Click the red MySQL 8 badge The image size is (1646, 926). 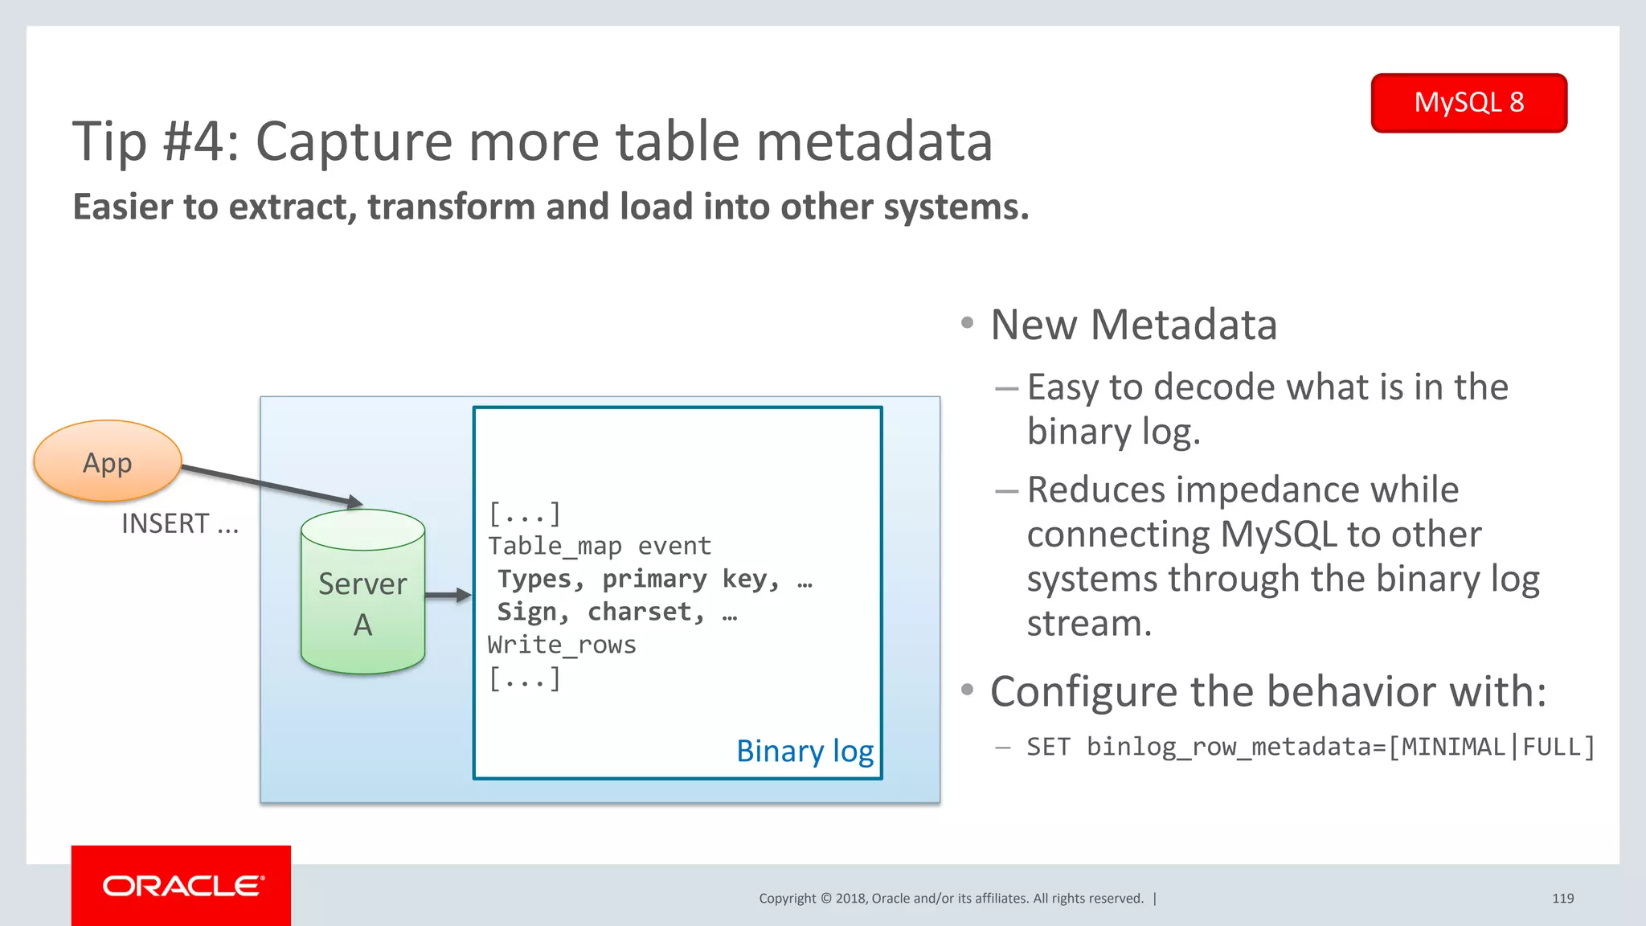pos(1468,103)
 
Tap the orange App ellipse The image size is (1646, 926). pos(108,461)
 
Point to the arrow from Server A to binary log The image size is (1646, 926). pos(447,596)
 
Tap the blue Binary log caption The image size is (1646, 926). pos(805,751)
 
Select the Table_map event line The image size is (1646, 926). pos(600,547)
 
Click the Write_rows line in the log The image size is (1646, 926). pos(562,645)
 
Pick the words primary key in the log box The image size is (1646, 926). pos(654,580)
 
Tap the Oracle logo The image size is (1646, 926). pos(182,886)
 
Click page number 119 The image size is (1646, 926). pos(1562,899)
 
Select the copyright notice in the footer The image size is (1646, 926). pos(951,899)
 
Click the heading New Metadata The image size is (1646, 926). pos(1133,325)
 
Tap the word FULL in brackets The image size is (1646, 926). pos(1551,747)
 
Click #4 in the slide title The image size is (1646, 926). pos(201,141)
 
